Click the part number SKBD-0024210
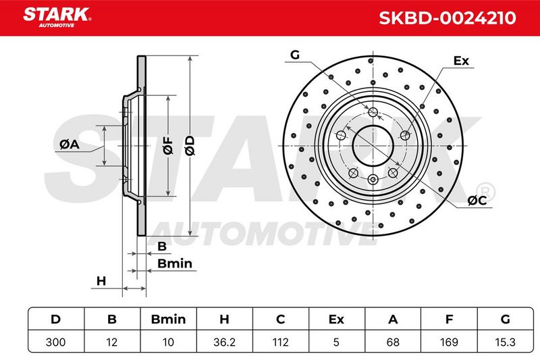click(x=447, y=18)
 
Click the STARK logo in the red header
click(x=57, y=18)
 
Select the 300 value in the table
click(x=56, y=342)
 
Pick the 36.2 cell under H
click(x=224, y=342)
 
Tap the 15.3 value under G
click(x=505, y=342)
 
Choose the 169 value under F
click(x=449, y=342)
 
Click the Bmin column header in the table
click(x=168, y=319)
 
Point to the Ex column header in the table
click(x=336, y=319)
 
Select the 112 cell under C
click(x=280, y=342)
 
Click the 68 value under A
click(x=393, y=342)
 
